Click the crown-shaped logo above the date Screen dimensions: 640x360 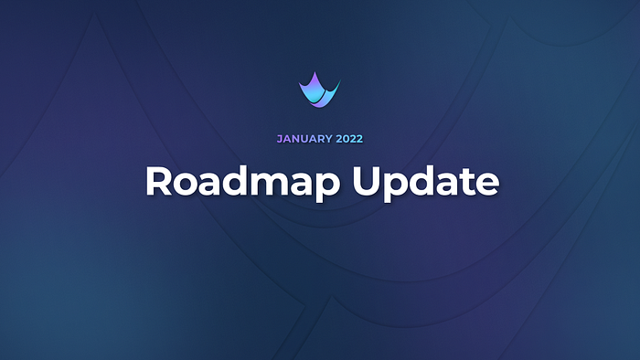319,90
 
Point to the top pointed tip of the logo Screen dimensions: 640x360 315,72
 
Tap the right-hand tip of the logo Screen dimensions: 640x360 340,80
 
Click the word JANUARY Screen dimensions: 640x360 304,139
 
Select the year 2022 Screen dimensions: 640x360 349,139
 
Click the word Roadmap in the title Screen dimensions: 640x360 243,182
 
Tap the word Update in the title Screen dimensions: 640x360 426,182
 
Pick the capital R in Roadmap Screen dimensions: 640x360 158,181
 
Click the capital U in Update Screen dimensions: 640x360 367,182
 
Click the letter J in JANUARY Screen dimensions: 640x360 280,139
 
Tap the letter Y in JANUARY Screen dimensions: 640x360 328,139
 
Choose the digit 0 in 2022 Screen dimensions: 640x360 347,139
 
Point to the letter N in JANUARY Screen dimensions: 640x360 296,139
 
